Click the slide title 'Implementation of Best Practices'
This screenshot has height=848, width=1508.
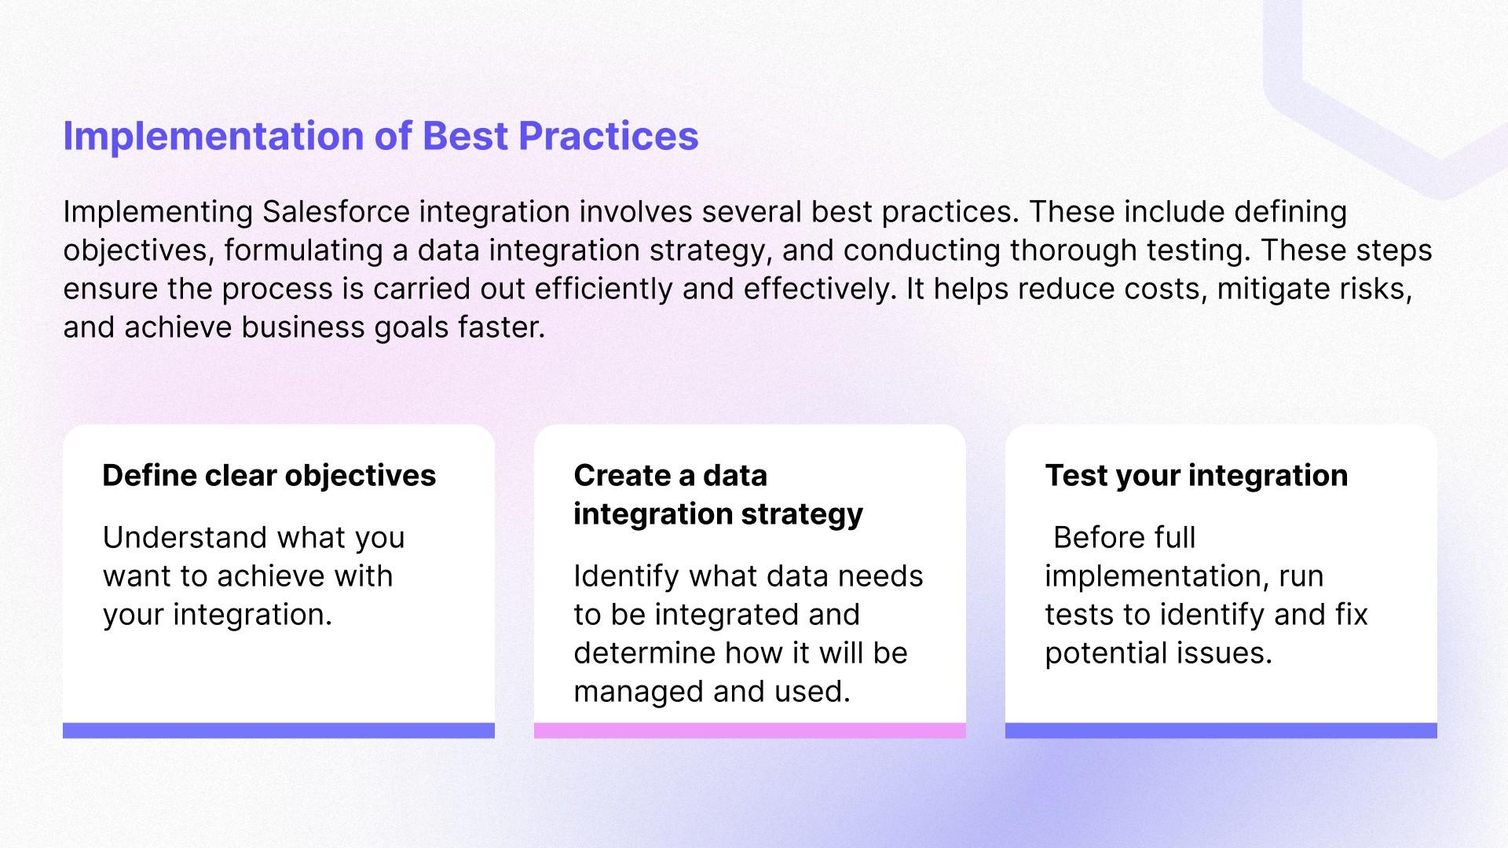(x=381, y=137)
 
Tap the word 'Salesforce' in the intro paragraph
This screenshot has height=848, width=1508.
(x=336, y=212)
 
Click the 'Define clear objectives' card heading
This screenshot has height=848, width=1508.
(x=269, y=476)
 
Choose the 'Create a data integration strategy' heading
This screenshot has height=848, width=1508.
(x=719, y=495)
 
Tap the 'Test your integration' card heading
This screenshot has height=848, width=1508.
(x=1196, y=476)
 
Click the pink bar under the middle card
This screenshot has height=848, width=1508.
(x=750, y=730)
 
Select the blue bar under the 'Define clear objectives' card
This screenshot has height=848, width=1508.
(x=279, y=730)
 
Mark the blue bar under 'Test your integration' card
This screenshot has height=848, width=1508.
(x=1221, y=730)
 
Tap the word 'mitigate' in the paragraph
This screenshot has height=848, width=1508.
(x=1259, y=289)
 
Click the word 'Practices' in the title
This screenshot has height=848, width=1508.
(x=609, y=137)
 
